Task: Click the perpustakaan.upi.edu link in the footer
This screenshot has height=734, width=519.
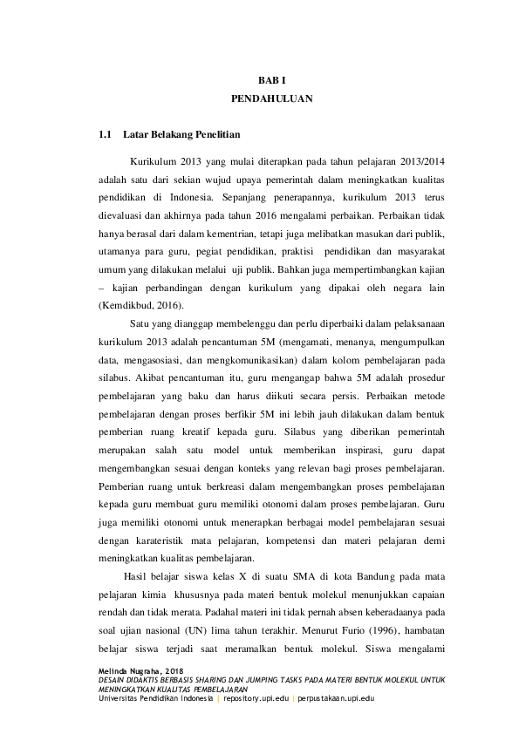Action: (x=336, y=700)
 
